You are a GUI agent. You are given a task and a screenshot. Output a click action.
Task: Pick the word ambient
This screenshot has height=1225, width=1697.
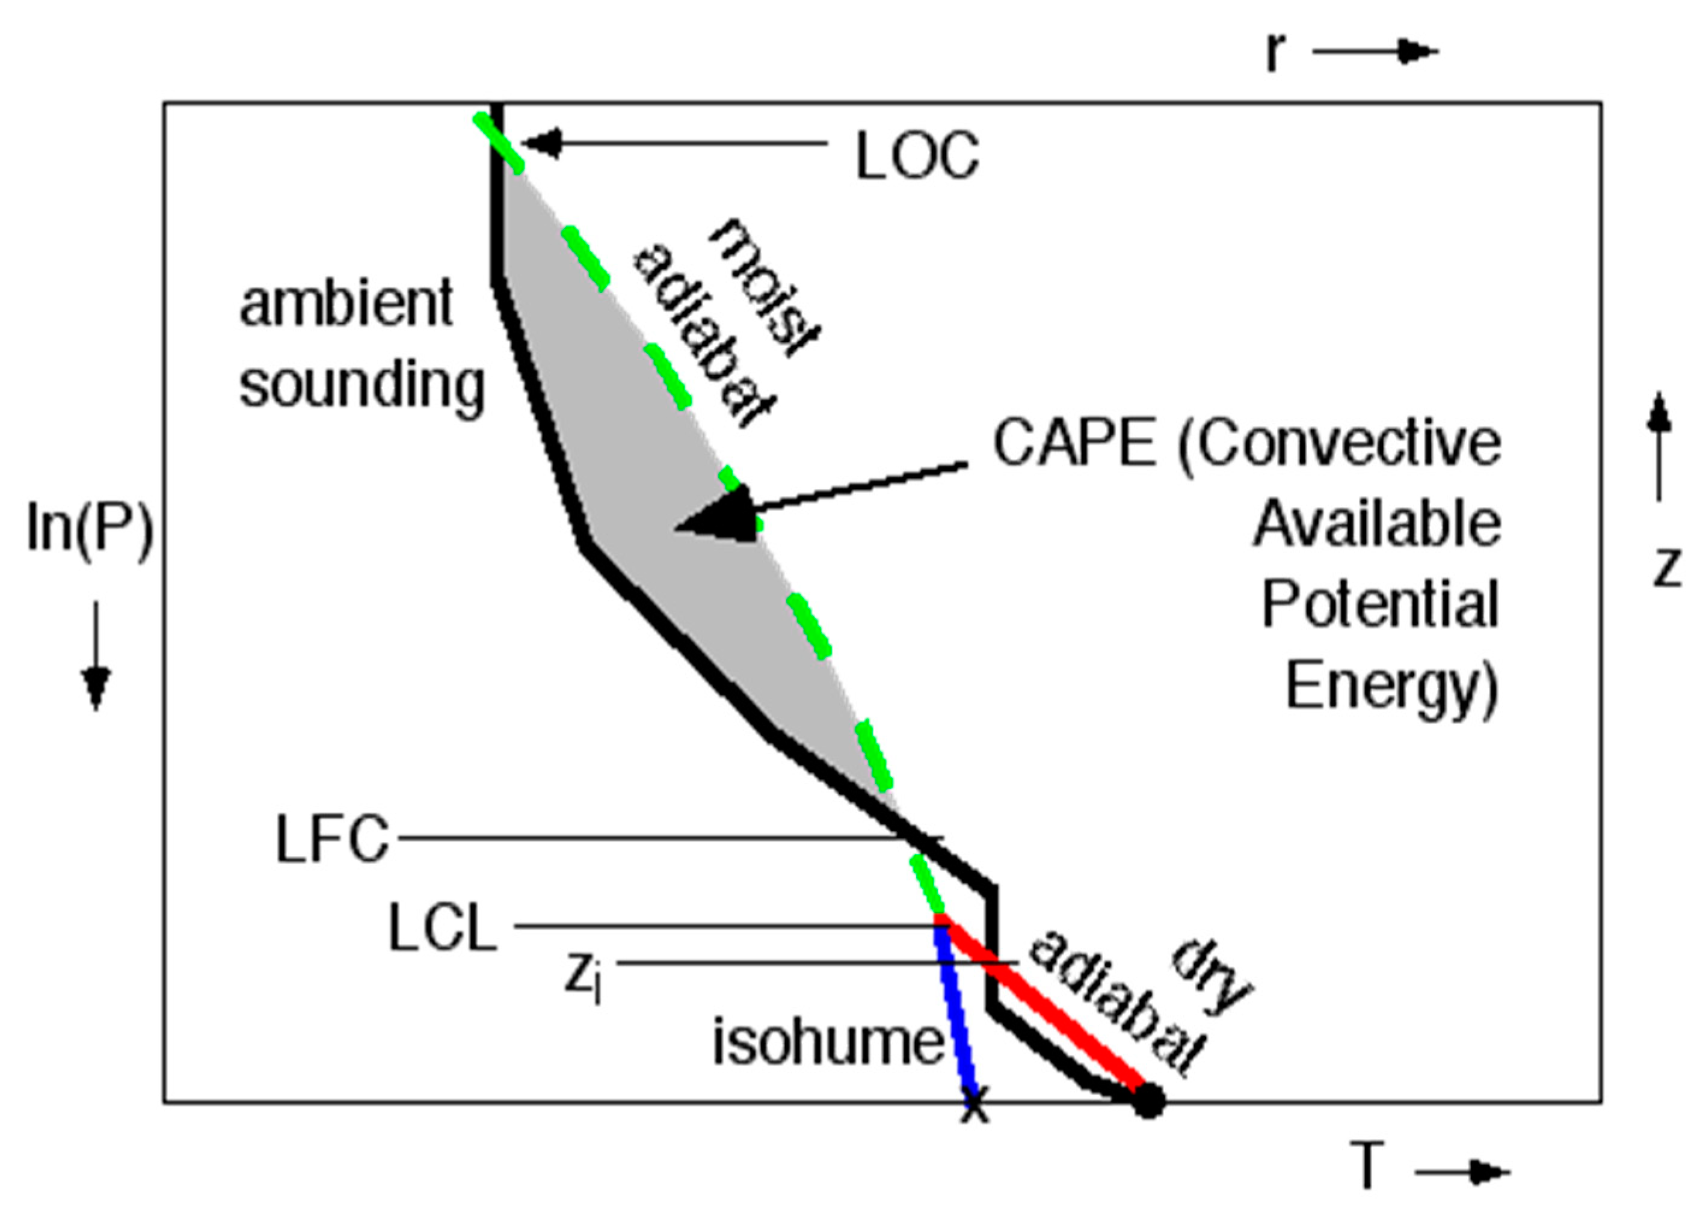click(346, 303)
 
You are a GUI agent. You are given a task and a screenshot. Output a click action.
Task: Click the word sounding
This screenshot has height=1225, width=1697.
click(362, 385)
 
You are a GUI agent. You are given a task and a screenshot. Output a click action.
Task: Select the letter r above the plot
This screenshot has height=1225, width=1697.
click(1274, 52)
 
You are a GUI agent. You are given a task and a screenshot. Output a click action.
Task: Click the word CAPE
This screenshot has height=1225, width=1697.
click(1074, 443)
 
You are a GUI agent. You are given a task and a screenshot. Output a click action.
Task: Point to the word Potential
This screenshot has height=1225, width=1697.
click(1381, 604)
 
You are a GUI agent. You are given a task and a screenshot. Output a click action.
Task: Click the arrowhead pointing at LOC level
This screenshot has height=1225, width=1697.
click(542, 143)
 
